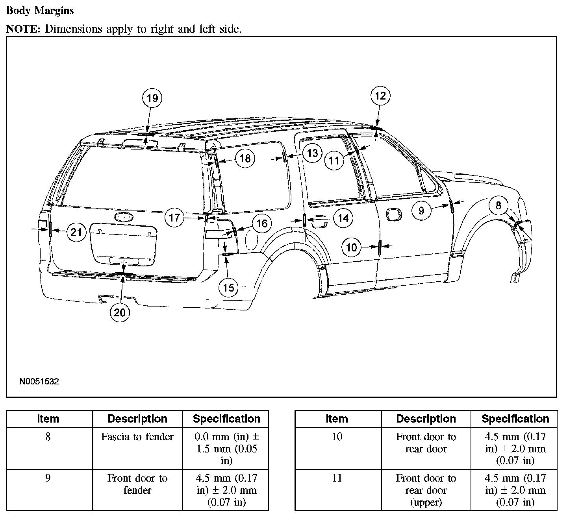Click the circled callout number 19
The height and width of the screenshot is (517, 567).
point(152,98)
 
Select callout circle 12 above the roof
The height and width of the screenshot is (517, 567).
point(380,96)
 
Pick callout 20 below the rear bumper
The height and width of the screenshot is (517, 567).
point(120,312)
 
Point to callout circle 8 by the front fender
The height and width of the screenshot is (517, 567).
point(498,205)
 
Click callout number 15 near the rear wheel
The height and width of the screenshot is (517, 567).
point(228,288)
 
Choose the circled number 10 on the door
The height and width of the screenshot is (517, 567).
point(351,247)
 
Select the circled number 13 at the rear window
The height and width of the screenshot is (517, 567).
point(312,153)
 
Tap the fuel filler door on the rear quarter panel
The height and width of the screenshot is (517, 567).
point(252,237)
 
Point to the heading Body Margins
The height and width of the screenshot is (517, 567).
point(40,11)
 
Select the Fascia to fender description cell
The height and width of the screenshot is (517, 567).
point(137,437)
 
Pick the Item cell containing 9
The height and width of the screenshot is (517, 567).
point(48,478)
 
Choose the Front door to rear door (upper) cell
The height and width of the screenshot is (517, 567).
point(426,490)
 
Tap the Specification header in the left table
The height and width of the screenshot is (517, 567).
point(226,419)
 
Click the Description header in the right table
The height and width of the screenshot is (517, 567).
point(426,419)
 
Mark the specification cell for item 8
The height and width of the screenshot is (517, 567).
point(226,449)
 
